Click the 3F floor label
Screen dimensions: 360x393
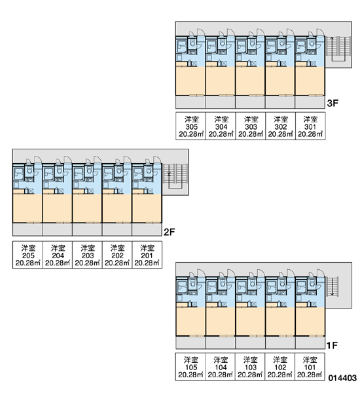333,103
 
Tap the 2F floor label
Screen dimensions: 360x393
169,233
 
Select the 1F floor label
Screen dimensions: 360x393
332,346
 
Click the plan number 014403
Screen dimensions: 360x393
342,378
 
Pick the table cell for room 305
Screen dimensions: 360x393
190,126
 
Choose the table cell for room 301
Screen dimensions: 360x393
310,126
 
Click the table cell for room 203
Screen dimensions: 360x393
87,255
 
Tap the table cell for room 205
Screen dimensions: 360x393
27,255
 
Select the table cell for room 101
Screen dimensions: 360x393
310,367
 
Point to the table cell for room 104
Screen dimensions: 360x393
220,367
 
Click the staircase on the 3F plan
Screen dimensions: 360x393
338,49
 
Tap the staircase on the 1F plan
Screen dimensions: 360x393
333,286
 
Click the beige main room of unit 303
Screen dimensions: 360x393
250,81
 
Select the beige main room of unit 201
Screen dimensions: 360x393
147,208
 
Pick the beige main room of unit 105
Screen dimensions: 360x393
190,322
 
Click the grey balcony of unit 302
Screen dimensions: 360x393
280,102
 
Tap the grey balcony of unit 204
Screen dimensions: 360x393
58,229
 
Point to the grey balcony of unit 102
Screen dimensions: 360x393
280,343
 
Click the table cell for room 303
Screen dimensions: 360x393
251,126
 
